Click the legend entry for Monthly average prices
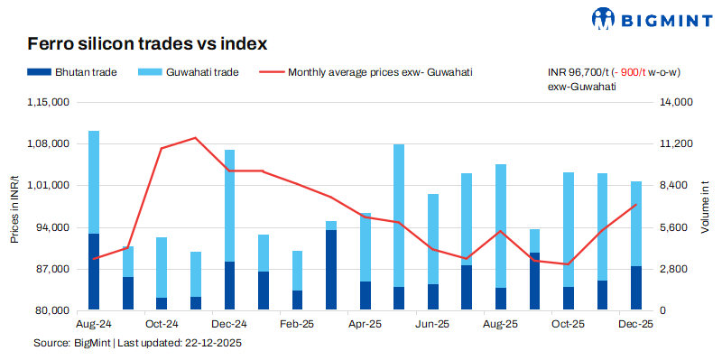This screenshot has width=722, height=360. [x=380, y=72]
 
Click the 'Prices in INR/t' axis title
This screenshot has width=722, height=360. [x=14, y=208]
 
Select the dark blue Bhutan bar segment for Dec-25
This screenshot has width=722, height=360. [x=636, y=288]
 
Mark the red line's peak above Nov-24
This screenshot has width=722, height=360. [x=196, y=138]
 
